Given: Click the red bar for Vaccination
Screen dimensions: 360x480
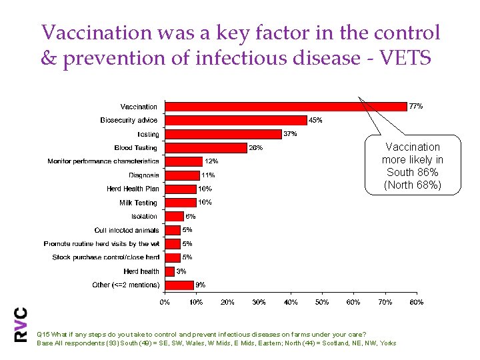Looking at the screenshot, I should tap(285, 106).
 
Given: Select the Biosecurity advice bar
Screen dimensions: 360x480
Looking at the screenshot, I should tap(235, 120).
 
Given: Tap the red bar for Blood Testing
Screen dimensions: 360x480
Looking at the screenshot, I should tap(205, 148).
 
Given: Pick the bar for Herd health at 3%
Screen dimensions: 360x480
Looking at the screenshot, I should tap(169, 271).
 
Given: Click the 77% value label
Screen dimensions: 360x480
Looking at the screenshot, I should tap(415, 106).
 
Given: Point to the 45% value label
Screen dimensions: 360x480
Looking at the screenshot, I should tap(315, 120).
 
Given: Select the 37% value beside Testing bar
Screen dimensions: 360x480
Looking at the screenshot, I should tap(290, 134).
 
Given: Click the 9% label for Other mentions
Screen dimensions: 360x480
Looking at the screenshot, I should tap(201, 285).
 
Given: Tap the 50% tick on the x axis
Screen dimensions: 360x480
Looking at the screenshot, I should tap(322, 302).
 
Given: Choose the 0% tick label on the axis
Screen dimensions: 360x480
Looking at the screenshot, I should tap(165, 302).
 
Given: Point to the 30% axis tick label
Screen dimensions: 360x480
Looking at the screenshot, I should tap(259, 302).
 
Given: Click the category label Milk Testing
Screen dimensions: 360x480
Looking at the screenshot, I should tap(138, 203).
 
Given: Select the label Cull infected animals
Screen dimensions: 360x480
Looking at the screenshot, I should tap(127, 230).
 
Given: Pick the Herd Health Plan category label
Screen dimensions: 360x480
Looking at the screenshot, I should tap(133, 189).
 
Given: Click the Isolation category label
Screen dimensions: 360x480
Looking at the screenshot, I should tap(144, 216).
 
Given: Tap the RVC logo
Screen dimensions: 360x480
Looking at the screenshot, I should tap(21, 325).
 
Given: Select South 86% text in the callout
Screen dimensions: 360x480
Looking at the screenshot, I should tap(413, 173).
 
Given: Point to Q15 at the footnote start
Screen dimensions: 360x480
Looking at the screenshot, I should tap(43, 334).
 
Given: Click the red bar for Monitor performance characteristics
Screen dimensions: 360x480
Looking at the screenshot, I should tap(183, 161).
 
